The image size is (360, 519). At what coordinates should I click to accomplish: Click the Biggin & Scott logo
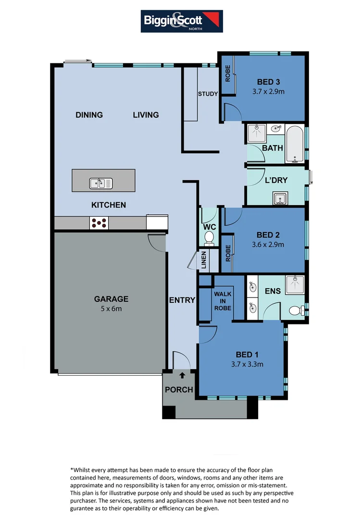pyautogui.click(x=182, y=21)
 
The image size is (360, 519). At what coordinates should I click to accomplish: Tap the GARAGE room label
pyautogui.click(x=111, y=299)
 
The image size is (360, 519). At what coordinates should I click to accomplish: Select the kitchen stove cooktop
pyautogui.click(x=99, y=222)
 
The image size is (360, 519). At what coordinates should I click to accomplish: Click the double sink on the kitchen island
pyautogui.click(x=101, y=183)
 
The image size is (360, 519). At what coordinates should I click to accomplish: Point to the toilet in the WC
pyautogui.click(x=209, y=237)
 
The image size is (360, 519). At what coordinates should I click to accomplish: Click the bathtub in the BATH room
pyautogui.click(x=294, y=144)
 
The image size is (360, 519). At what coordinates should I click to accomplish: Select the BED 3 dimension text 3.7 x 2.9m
pyautogui.click(x=268, y=91)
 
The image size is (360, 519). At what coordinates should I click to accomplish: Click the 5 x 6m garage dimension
pyautogui.click(x=111, y=308)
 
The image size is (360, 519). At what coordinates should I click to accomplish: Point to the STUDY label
pyautogui.click(x=208, y=94)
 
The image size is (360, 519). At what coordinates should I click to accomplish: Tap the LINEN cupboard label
pyautogui.click(x=204, y=259)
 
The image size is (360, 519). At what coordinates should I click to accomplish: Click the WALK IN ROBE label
pyautogui.click(x=223, y=301)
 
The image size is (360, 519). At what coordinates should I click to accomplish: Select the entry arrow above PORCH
pyautogui.click(x=182, y=375)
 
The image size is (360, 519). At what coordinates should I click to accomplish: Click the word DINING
pyautogui.click(x=89, y=115)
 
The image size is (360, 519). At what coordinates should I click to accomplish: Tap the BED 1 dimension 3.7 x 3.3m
pyautogui.click(x=247, y=364)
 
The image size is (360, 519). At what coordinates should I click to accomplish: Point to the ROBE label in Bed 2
pyautogui.click(x=228, y=253)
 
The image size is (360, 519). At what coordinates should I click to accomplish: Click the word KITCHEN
pyautogui.click(x=109, y=205)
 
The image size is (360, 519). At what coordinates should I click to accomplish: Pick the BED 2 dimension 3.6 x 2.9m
pyautogui.click(x=268, y=244)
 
